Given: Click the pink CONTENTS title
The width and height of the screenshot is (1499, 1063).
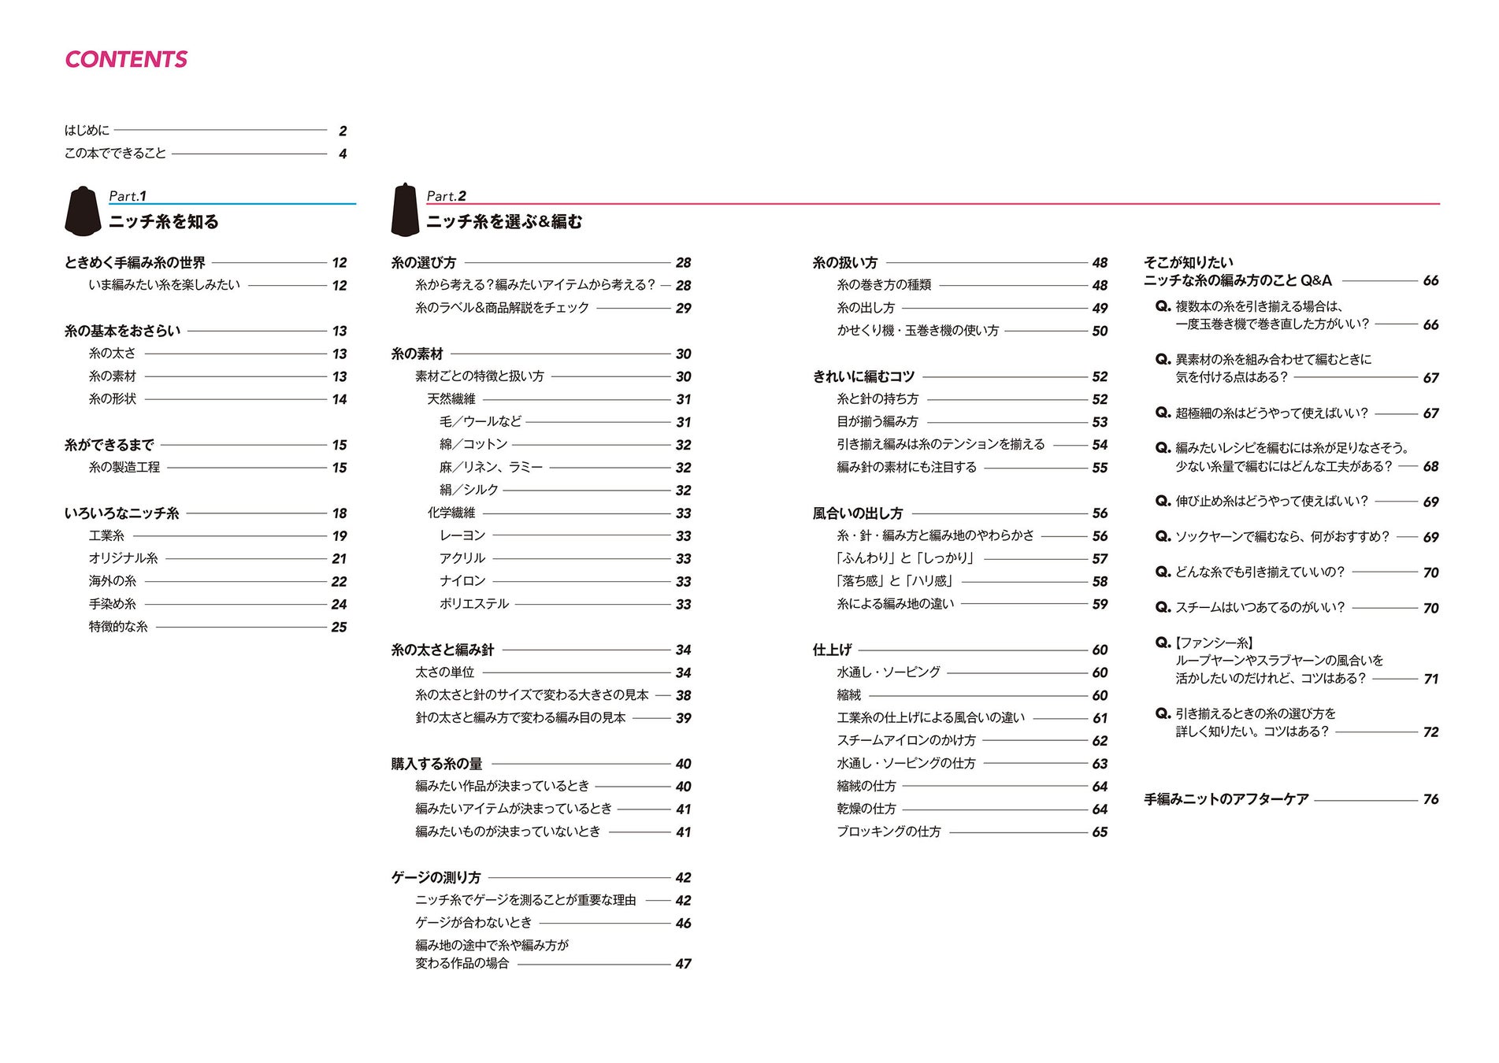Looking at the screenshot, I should tap(126, 60).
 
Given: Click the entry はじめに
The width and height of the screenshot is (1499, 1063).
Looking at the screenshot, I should tap(87, 130).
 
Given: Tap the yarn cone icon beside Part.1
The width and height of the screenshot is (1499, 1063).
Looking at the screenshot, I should tap(83, 211).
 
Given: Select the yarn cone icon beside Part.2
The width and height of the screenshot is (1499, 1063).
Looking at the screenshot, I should tap(404, 210).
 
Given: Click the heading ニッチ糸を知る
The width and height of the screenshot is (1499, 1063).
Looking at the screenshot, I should tap(164, 222).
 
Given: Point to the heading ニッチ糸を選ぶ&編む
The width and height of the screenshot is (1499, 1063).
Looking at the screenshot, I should tap(504, 222).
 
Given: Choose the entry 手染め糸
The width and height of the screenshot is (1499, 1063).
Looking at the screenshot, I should tap(113, 604).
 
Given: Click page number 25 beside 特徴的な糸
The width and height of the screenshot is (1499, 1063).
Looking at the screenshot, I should tap(339, 628).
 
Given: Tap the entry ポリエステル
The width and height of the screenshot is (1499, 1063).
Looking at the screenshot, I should tap(474, 604).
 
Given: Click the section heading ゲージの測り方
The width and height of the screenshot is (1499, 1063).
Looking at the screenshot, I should tap(436, 877).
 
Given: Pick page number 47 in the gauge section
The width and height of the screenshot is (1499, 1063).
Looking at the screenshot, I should tap(683, 964).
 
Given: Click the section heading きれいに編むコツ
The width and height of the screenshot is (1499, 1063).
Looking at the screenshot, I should tap(863, 376).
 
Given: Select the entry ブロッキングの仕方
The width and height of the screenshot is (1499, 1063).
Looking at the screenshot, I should tap(889, 832).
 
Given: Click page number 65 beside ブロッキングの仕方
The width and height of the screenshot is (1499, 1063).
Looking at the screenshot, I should tap(1100, 832).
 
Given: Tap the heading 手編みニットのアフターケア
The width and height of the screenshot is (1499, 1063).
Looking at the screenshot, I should tap(1226, 799).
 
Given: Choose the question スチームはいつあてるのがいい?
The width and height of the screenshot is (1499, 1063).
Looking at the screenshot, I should tap(1259, 607).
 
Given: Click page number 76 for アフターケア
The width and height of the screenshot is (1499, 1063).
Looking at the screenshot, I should tap(1430, 800).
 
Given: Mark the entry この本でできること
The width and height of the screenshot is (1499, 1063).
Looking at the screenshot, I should tap(116, 154).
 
